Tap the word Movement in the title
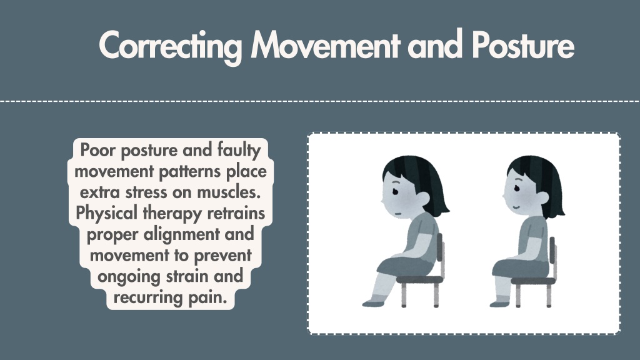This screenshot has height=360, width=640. coord(325,45)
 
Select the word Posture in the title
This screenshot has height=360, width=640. coord(523,45)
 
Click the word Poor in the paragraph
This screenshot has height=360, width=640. coord(98,150)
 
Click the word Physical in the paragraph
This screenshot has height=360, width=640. coord(106,214)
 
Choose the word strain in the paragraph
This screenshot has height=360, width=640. coord(187,276)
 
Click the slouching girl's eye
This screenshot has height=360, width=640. coord(395,191)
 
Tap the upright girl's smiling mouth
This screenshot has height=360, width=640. coord(516,207)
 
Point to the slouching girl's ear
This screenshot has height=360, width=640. coord(422,199)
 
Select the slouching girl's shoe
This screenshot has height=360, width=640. coord(373,304)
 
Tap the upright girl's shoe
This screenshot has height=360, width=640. coord(500,304)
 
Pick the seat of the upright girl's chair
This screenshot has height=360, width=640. coord(533,281)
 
